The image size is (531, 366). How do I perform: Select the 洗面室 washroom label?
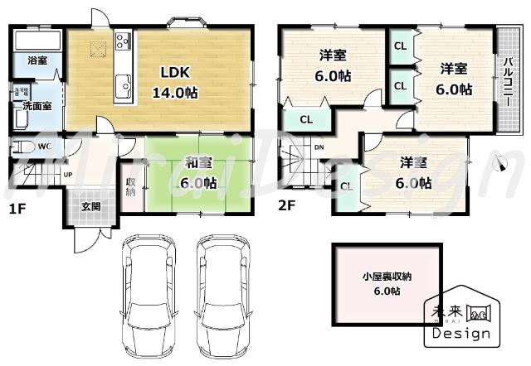coord(37,106)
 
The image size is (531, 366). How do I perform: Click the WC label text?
coord(46,147)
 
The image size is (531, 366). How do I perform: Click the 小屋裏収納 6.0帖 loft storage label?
coord(387,283)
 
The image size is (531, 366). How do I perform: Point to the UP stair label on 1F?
coord(67,175)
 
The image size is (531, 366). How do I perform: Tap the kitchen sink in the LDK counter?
coord(125,84)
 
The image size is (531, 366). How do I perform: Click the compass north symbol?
coord(499,163)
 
